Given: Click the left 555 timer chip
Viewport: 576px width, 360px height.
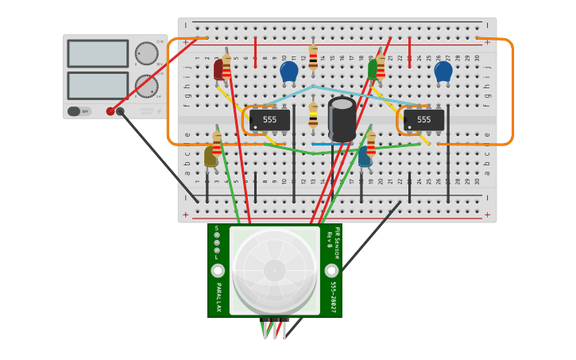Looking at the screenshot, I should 269,120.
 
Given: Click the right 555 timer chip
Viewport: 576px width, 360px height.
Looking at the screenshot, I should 423,120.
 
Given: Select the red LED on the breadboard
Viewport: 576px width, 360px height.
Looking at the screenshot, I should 218,70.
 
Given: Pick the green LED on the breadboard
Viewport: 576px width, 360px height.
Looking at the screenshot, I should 373,70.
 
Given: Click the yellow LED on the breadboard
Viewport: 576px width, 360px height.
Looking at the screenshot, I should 210,157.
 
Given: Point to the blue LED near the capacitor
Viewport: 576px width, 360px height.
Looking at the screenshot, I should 364,156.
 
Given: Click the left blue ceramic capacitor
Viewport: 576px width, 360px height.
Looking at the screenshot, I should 289,72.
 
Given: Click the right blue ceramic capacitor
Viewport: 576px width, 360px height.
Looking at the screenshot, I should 443,72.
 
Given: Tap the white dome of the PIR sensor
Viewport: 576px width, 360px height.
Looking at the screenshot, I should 275,269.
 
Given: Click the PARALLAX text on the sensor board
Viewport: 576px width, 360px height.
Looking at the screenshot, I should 218,296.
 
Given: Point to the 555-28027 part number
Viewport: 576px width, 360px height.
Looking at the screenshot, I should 333,296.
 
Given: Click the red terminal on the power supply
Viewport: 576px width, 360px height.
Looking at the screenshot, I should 110,111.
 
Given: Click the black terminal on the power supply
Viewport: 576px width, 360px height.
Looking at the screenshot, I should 120,111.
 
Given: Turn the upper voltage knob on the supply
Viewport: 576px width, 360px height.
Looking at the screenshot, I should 146,53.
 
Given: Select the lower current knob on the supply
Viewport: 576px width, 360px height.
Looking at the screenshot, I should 146,86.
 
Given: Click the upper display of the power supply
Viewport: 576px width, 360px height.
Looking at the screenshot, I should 98,53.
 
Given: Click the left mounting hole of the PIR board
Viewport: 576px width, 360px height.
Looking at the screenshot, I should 218,271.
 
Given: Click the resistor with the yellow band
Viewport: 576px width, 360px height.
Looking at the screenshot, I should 313,116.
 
